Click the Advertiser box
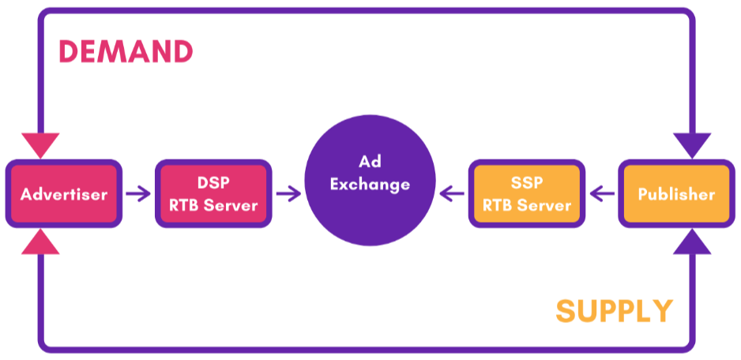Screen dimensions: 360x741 (64, 194)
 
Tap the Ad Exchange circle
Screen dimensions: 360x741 (370, 183)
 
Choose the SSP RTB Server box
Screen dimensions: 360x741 (527, 194)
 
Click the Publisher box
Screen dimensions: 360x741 (676, 194)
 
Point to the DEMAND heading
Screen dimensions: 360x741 (126, 52)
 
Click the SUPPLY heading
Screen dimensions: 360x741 (614, 311)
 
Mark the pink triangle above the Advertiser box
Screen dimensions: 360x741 (40, 144)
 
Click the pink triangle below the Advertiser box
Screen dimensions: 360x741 (40, 242)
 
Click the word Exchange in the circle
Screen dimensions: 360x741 (370, 186)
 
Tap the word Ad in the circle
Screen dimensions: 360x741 (370, 162)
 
